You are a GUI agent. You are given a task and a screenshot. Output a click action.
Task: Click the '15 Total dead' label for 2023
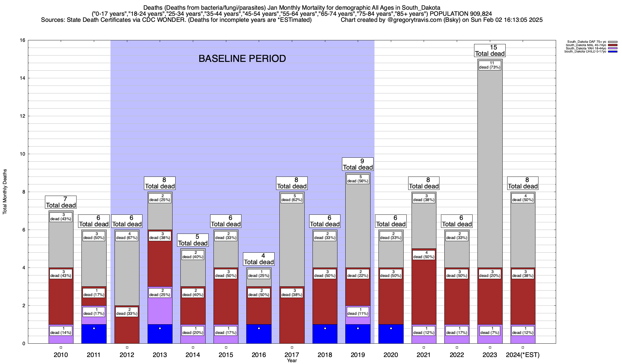(x=490, y=51)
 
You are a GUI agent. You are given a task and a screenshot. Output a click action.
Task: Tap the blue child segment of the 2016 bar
(x=259, y=334)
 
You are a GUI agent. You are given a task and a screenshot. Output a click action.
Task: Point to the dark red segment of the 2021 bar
(x=424, y=288)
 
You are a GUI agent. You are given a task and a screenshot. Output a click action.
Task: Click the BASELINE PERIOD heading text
(x=242, y=59)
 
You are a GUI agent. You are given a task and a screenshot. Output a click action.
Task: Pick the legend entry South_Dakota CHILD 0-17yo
(x=586, y=52)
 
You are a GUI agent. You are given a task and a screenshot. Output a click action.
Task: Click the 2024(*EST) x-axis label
(x=523, y=355)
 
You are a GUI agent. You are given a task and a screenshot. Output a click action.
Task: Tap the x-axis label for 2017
(x=292, y=355)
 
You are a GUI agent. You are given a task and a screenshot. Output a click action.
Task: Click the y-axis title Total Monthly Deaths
(x=5, y=192)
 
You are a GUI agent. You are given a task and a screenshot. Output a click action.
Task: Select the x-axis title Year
(x=292, y=361)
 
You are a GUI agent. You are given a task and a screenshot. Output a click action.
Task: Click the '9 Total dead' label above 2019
(x=358, y=164)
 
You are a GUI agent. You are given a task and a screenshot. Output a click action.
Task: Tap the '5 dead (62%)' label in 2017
(x=292, y=198)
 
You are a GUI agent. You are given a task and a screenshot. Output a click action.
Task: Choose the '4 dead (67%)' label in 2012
(x=127, y=236)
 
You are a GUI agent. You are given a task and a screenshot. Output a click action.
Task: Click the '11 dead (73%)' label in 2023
(x=490, y=65)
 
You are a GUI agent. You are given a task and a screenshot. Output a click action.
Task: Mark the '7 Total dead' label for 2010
(x=61, y=202)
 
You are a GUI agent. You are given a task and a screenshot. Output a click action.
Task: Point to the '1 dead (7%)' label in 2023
(x=490, y=331)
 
